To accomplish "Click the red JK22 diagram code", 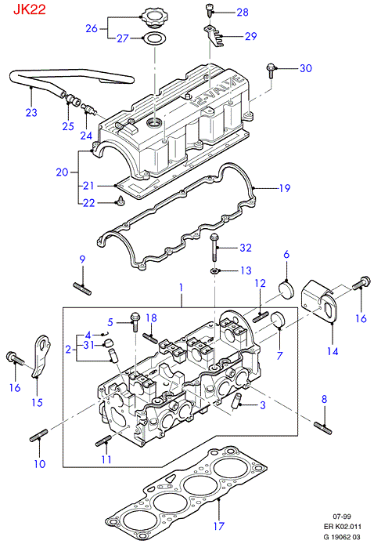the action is click(30, 9).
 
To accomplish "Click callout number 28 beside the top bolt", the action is click(243, 13).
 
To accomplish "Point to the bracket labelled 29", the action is click(213, 35).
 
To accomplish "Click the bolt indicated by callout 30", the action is click(272, 71).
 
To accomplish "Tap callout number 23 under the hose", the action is click(31, 112).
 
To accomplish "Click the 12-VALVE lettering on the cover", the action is click(217, 91).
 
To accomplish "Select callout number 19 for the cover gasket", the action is click(285, 188).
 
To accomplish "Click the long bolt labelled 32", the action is click(214, 248).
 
